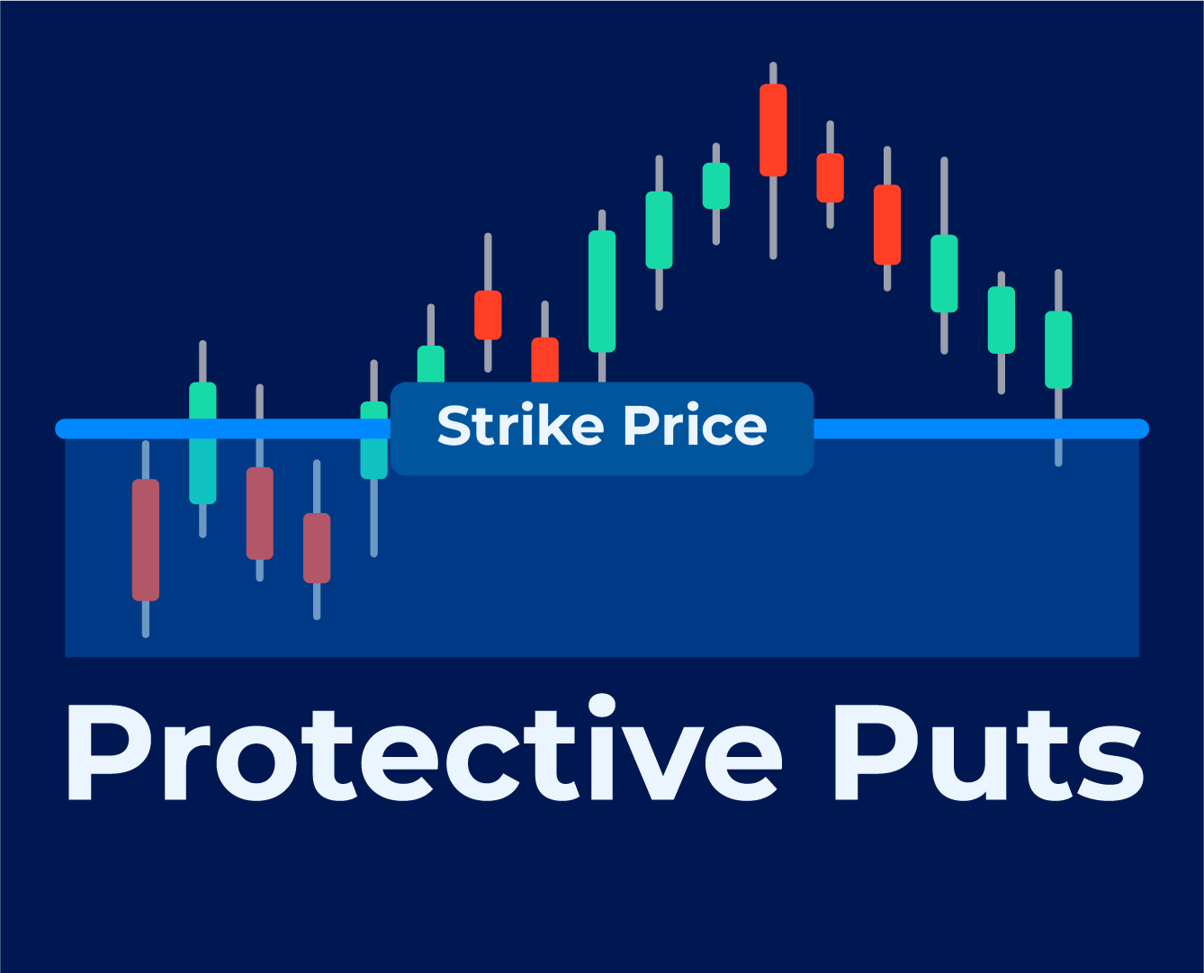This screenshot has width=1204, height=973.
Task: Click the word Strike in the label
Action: coord(521,425)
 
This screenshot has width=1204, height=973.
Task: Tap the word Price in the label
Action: coord(696,425)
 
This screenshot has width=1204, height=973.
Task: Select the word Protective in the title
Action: coord(425,747)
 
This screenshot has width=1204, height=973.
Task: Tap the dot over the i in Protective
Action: coord(602,705)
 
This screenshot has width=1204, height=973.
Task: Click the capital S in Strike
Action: coord(455,425)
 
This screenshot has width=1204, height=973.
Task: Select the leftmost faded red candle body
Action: coord(146,540)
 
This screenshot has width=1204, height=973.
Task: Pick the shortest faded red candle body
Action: coord(317,548)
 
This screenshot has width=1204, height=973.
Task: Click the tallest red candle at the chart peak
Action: coord(773,130)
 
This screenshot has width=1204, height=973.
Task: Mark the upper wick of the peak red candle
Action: coord(773,73)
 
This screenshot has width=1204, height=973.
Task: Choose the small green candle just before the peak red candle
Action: coord(716,185)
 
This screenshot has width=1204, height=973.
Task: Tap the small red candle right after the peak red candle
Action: coord(831,177)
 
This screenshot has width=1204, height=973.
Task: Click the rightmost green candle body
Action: coord(1059,349)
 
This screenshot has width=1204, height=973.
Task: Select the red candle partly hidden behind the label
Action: coord(545,359)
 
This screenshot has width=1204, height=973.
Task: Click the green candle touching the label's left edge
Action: coord(374,440)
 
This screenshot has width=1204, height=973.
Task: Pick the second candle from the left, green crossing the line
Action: coord(203,443)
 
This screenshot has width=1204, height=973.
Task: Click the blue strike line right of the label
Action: coord(982,428)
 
